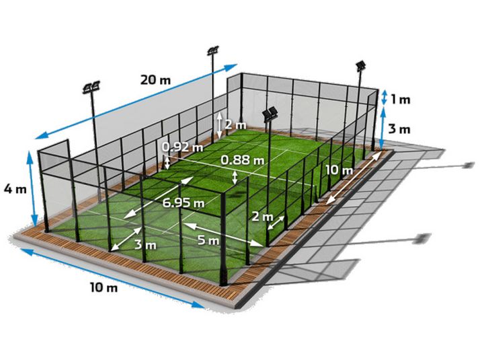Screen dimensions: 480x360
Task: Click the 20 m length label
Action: [155, 80]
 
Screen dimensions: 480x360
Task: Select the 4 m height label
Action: [15, 189]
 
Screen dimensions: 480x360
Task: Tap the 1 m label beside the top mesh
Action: [401, 100]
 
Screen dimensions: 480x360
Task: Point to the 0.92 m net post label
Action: [182, 147]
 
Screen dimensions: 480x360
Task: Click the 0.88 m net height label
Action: [243, 159]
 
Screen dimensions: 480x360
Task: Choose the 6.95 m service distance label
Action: [183, 203]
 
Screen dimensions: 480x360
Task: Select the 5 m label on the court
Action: [208, 240]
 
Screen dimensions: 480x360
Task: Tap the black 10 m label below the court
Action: [104, 288]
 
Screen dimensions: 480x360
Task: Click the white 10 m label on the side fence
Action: [339, 170]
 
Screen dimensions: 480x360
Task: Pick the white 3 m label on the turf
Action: [145, 245]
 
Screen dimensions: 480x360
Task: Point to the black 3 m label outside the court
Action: [399, 129]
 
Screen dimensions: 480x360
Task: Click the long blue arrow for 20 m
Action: [136, 102]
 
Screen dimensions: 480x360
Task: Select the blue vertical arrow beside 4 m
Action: [32, 188]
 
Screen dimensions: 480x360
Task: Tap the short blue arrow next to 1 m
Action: [383, 98]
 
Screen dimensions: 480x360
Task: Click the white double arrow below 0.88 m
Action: [235, 178]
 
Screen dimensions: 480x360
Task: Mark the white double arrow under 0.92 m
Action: [167, 162]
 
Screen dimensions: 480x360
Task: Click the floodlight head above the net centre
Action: [270, 114]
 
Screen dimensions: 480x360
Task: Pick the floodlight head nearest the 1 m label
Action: [361, 65]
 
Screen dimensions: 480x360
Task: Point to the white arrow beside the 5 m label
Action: [223, 235]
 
